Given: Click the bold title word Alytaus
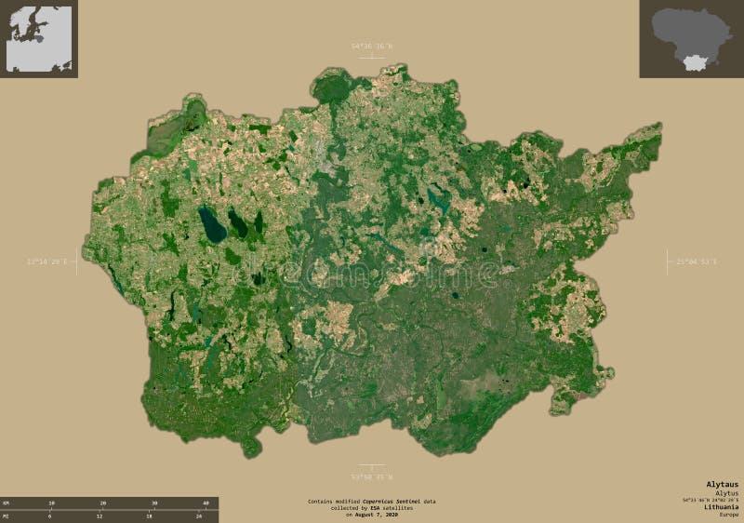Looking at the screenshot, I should (x=722, y=485).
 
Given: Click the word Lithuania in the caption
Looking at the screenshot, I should (x=721, y=506).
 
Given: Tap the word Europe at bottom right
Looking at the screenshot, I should (x=728, y=514).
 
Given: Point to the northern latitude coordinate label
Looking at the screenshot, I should (x=372, y=46).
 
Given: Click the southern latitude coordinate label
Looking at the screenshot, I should (x=372, y=477).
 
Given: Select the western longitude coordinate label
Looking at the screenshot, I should (x=48, y=262).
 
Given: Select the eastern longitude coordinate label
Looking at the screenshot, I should (x=697, y=262).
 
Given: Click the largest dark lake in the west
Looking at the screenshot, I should (x=213, y=224).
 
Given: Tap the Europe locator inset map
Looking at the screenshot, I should (x=39, y=38).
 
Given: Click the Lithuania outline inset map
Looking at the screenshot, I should (x=691, y=38).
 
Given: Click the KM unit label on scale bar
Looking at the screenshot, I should (x=6, y=503).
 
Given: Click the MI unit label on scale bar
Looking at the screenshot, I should (x=6, y=515).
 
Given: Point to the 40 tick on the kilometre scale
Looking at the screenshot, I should (x=205, y=503).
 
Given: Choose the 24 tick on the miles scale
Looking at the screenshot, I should (x=198, y=515).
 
